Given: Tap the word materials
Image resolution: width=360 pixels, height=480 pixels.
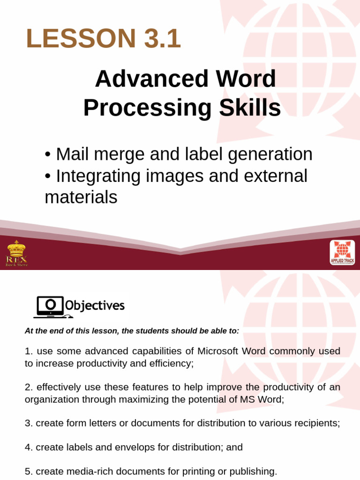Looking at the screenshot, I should pos(81,197).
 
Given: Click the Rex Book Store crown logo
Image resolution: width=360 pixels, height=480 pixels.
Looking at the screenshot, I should pos(16,253).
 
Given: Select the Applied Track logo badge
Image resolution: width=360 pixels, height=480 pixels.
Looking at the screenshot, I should pos(342,253).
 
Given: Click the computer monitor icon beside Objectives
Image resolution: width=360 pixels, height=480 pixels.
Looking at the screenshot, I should pos(49,307).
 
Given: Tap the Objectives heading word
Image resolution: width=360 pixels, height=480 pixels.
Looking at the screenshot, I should pos(95,306).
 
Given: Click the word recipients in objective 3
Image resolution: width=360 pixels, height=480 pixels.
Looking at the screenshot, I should pos(316,423).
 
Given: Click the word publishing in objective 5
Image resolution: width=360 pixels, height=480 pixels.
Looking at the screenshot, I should pos(253,471).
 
